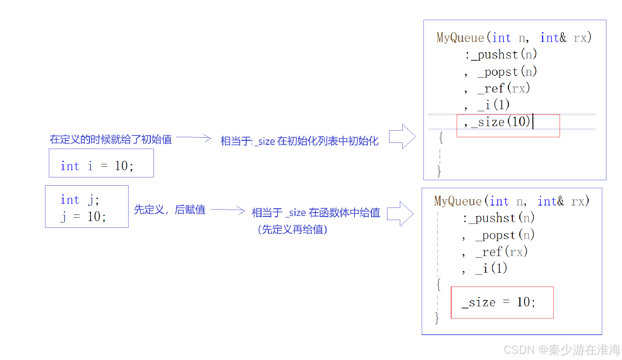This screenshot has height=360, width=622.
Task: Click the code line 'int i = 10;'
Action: pos(97,166)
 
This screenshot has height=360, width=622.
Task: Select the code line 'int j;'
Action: pos(80,200)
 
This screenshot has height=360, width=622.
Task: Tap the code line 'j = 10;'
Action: pos(83,217)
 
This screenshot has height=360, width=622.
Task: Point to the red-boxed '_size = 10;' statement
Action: pos(498,302)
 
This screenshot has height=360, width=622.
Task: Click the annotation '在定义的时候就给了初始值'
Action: pos(111,139)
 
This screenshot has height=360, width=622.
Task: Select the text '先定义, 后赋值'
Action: pos(169,210)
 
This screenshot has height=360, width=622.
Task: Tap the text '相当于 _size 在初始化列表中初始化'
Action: pos(299,141)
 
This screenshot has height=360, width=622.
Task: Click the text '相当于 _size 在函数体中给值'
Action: pos(316,212)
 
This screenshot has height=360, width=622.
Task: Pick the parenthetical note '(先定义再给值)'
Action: pos(292,229)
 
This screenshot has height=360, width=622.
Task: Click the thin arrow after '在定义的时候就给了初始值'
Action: pos(194,138)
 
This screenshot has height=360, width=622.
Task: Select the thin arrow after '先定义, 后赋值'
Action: pos(228,210)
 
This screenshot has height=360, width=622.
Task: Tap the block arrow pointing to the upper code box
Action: pos(402,136)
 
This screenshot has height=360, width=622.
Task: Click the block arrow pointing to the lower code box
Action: pos(400,213)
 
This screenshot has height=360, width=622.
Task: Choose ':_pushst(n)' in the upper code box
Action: pos(501,54)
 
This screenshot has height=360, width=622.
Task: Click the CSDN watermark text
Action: pos(562,350)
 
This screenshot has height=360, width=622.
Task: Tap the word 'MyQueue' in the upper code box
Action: pos(460,37)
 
